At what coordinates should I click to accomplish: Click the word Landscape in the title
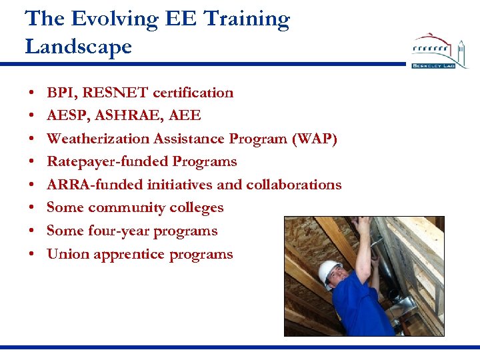point(78,47)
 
